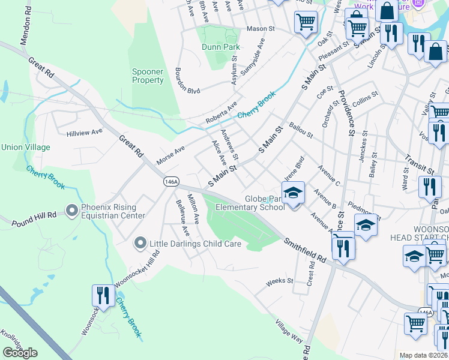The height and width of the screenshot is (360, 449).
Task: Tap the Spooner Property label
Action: click(148, 76)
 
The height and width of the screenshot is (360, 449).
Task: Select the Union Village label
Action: click(26, 147)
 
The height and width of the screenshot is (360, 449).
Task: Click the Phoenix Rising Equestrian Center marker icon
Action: click(72, 209)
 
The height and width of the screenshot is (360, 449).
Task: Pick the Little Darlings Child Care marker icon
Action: click(140, 243)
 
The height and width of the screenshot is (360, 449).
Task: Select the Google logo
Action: click(20, 352)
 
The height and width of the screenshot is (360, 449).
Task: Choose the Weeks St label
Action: click(279, 281)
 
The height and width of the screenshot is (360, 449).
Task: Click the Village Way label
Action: click(289, 331)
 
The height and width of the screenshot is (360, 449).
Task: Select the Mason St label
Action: click(259, 28)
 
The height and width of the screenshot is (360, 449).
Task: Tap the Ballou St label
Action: click(301, 130)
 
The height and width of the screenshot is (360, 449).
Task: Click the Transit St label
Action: click(420, 160)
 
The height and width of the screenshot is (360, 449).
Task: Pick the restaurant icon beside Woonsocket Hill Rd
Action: click(102, 296)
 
